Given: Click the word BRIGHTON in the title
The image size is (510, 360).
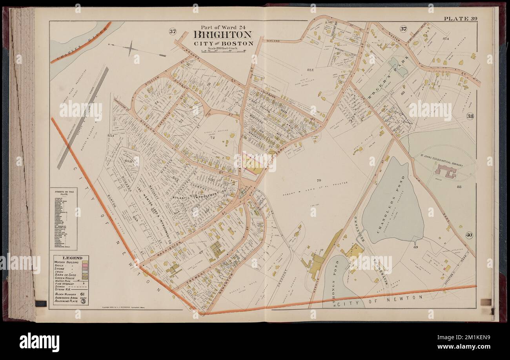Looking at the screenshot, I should click(222, 35).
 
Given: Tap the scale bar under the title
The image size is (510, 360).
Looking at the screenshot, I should click(222, 51).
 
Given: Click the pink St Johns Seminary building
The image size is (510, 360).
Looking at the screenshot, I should click(445, 171).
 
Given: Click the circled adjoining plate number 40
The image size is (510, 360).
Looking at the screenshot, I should click(469, 235).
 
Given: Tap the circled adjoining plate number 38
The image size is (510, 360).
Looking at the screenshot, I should click(470, 116).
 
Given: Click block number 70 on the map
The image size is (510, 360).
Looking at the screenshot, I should click(319, 180).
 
